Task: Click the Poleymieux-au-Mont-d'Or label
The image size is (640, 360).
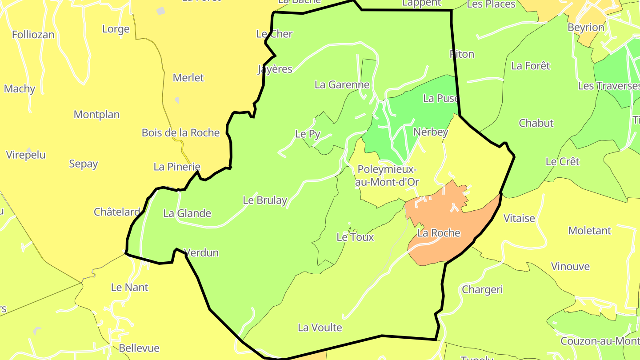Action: (x=387, y=176)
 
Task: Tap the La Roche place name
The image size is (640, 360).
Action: (x=439, y=233)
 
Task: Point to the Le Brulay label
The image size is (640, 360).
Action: (x=265, y=200)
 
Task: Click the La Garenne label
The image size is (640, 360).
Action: (x=342, y=84)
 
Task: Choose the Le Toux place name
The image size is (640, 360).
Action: (x=355, y=237)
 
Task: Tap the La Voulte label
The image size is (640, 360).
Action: (x=320, y=328)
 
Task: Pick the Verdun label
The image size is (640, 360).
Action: (x=203, y=253)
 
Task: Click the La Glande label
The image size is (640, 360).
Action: (x=187, y=213)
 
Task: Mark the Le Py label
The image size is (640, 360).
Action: (x=308, y=134)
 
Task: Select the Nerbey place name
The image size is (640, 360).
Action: (x=430, y=132)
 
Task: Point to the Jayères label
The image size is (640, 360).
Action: (x=275, y=69)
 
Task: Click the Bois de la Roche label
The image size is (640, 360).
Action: (x=180, y=132)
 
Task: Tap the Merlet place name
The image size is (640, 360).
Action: (x=188, y=78)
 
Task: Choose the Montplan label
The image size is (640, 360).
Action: (x=96, y=115)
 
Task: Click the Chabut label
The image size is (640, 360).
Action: (x=536, y=123)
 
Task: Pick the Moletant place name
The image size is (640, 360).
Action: (x=589, y=231)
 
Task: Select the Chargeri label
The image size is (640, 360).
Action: (x=482, y=290)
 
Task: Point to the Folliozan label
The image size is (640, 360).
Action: (x=33, y=35)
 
